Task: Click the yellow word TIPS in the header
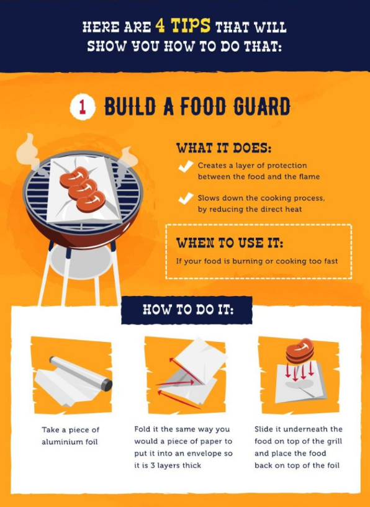point(191,27)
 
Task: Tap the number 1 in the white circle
point(82,107)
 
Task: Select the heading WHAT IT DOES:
point(224,148)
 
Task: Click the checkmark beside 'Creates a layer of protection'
point(184,166)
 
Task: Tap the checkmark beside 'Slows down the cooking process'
point(185,199)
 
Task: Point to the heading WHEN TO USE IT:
point(229,243)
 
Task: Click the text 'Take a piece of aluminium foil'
point(71,435)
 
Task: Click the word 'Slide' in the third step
point(264,429)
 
